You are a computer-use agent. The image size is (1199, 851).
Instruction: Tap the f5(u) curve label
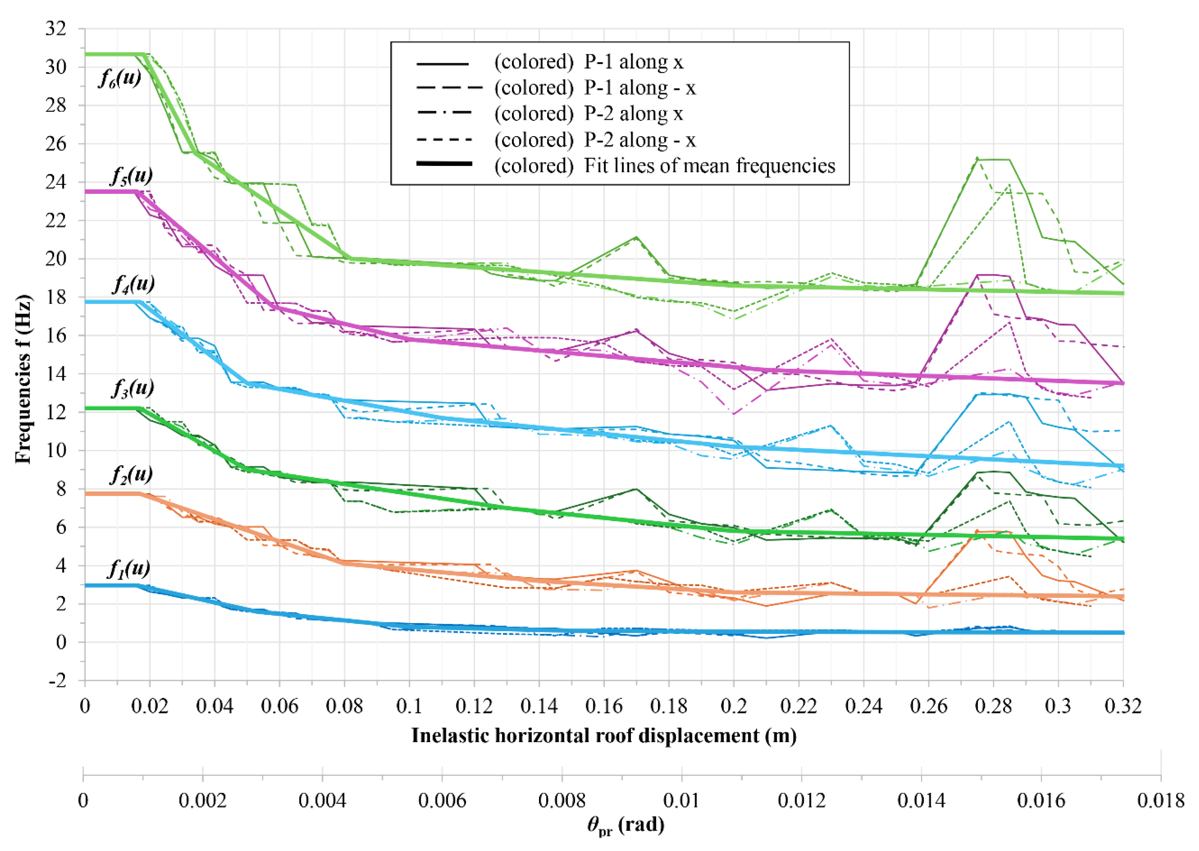point(131,175)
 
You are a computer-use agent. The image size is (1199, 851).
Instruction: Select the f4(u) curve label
point(134,284)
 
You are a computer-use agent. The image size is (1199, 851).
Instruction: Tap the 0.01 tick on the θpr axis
point(681,800)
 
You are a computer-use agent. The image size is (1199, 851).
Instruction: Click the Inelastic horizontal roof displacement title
point(604,735)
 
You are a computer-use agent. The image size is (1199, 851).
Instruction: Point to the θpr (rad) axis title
point(626,825)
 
